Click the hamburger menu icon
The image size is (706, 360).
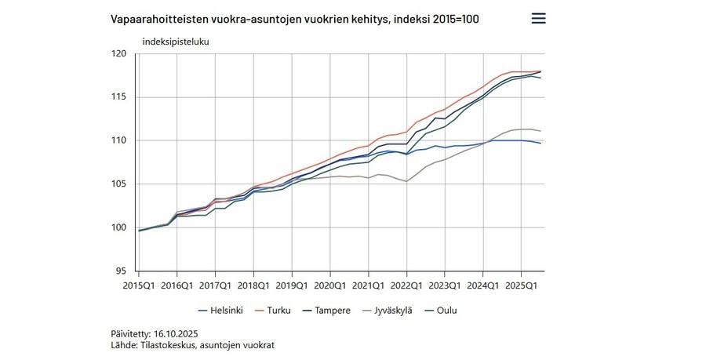538,18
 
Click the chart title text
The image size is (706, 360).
294,18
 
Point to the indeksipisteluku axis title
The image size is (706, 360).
176,41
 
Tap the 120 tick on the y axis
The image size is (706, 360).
119,54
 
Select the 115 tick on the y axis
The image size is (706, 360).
119,97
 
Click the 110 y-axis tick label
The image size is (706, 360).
119,140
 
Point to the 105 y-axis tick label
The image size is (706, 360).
119,184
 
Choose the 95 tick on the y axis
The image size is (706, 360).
122,271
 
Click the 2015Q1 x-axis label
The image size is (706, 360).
138,285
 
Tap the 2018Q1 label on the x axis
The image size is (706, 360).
253,285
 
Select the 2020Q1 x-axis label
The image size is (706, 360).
330,285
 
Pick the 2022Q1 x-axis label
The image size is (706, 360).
406,285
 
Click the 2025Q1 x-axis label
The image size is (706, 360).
522,285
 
